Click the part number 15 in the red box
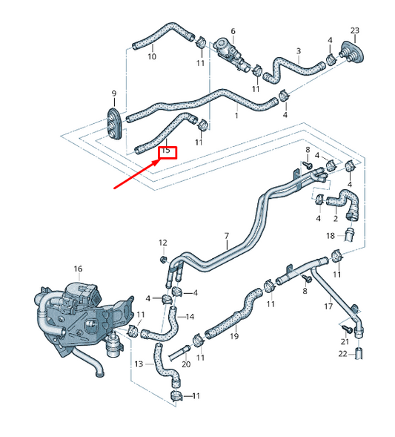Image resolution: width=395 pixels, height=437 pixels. [x=166, y=151]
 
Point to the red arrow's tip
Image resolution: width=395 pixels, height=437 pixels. [x=157, y=158]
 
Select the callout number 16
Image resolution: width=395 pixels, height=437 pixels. [x=78, y=268]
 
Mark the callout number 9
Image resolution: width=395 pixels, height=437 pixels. [x=114, y=93]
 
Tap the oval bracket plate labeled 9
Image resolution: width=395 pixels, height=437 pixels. [x=114, y=122]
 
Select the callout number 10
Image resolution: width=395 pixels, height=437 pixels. [x=152, y=56]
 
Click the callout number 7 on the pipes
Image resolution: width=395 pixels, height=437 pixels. [x=227, y=237]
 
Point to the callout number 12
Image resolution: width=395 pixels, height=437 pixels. [x=163, y=243]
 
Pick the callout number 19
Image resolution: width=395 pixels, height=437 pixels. [x=234, y=336]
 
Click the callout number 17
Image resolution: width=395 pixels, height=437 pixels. [x=328, y=306]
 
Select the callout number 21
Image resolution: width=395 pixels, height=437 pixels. [x=345, y=341]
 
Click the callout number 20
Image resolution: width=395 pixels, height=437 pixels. [x=186, y=364]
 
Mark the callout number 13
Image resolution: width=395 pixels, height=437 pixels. [x=139, y=364]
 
